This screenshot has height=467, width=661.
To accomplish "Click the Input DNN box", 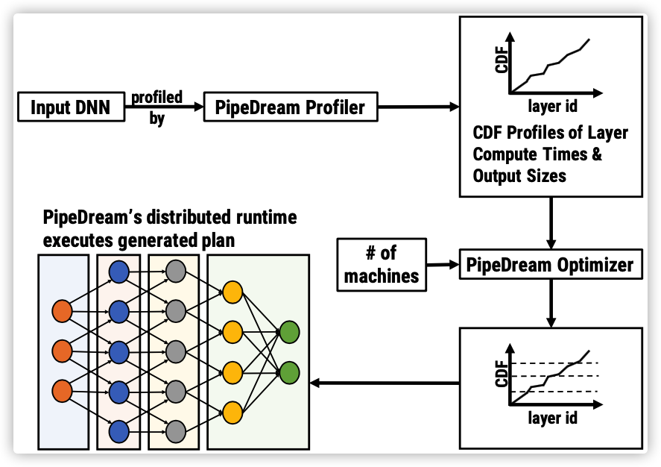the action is pos(72,107).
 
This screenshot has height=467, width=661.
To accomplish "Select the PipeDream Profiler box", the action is pos(291,107).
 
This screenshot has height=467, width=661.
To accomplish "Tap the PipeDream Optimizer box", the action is pos(551,265).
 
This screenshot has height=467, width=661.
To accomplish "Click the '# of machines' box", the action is pos(382,265).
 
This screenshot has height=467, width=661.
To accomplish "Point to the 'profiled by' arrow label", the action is pos(156,107).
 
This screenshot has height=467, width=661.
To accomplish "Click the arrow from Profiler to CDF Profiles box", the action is pos(419,107).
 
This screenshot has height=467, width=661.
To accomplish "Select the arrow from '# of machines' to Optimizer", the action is pos(443,265).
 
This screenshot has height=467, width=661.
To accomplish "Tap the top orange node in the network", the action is pos(62,311).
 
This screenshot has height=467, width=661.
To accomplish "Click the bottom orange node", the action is pos(62,391).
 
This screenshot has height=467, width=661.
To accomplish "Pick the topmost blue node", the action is pos(119,272).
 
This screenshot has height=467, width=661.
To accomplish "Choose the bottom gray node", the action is pos(176,431).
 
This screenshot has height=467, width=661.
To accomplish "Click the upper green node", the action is pos(290,332).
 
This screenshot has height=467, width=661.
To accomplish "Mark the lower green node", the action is pos(290,372).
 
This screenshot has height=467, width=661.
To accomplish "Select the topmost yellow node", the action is pos(233,292).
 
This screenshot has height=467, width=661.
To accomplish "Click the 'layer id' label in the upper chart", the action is pos(552,106).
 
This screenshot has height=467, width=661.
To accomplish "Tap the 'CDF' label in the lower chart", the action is pos(502,373).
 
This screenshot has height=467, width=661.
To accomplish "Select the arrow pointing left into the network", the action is pos(385,383).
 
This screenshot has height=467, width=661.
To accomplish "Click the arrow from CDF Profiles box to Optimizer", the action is pos(551,223).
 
